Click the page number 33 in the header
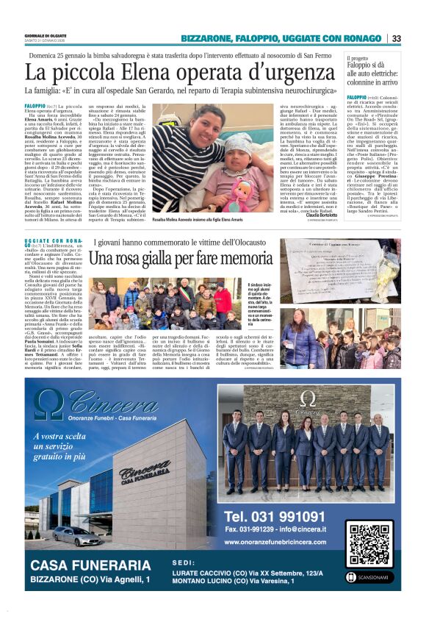coord(396,38)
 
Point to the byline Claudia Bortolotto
coord(317,215)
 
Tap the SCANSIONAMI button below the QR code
coord(372,577)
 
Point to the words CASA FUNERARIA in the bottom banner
coord(90,565)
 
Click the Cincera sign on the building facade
coord(145,475)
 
